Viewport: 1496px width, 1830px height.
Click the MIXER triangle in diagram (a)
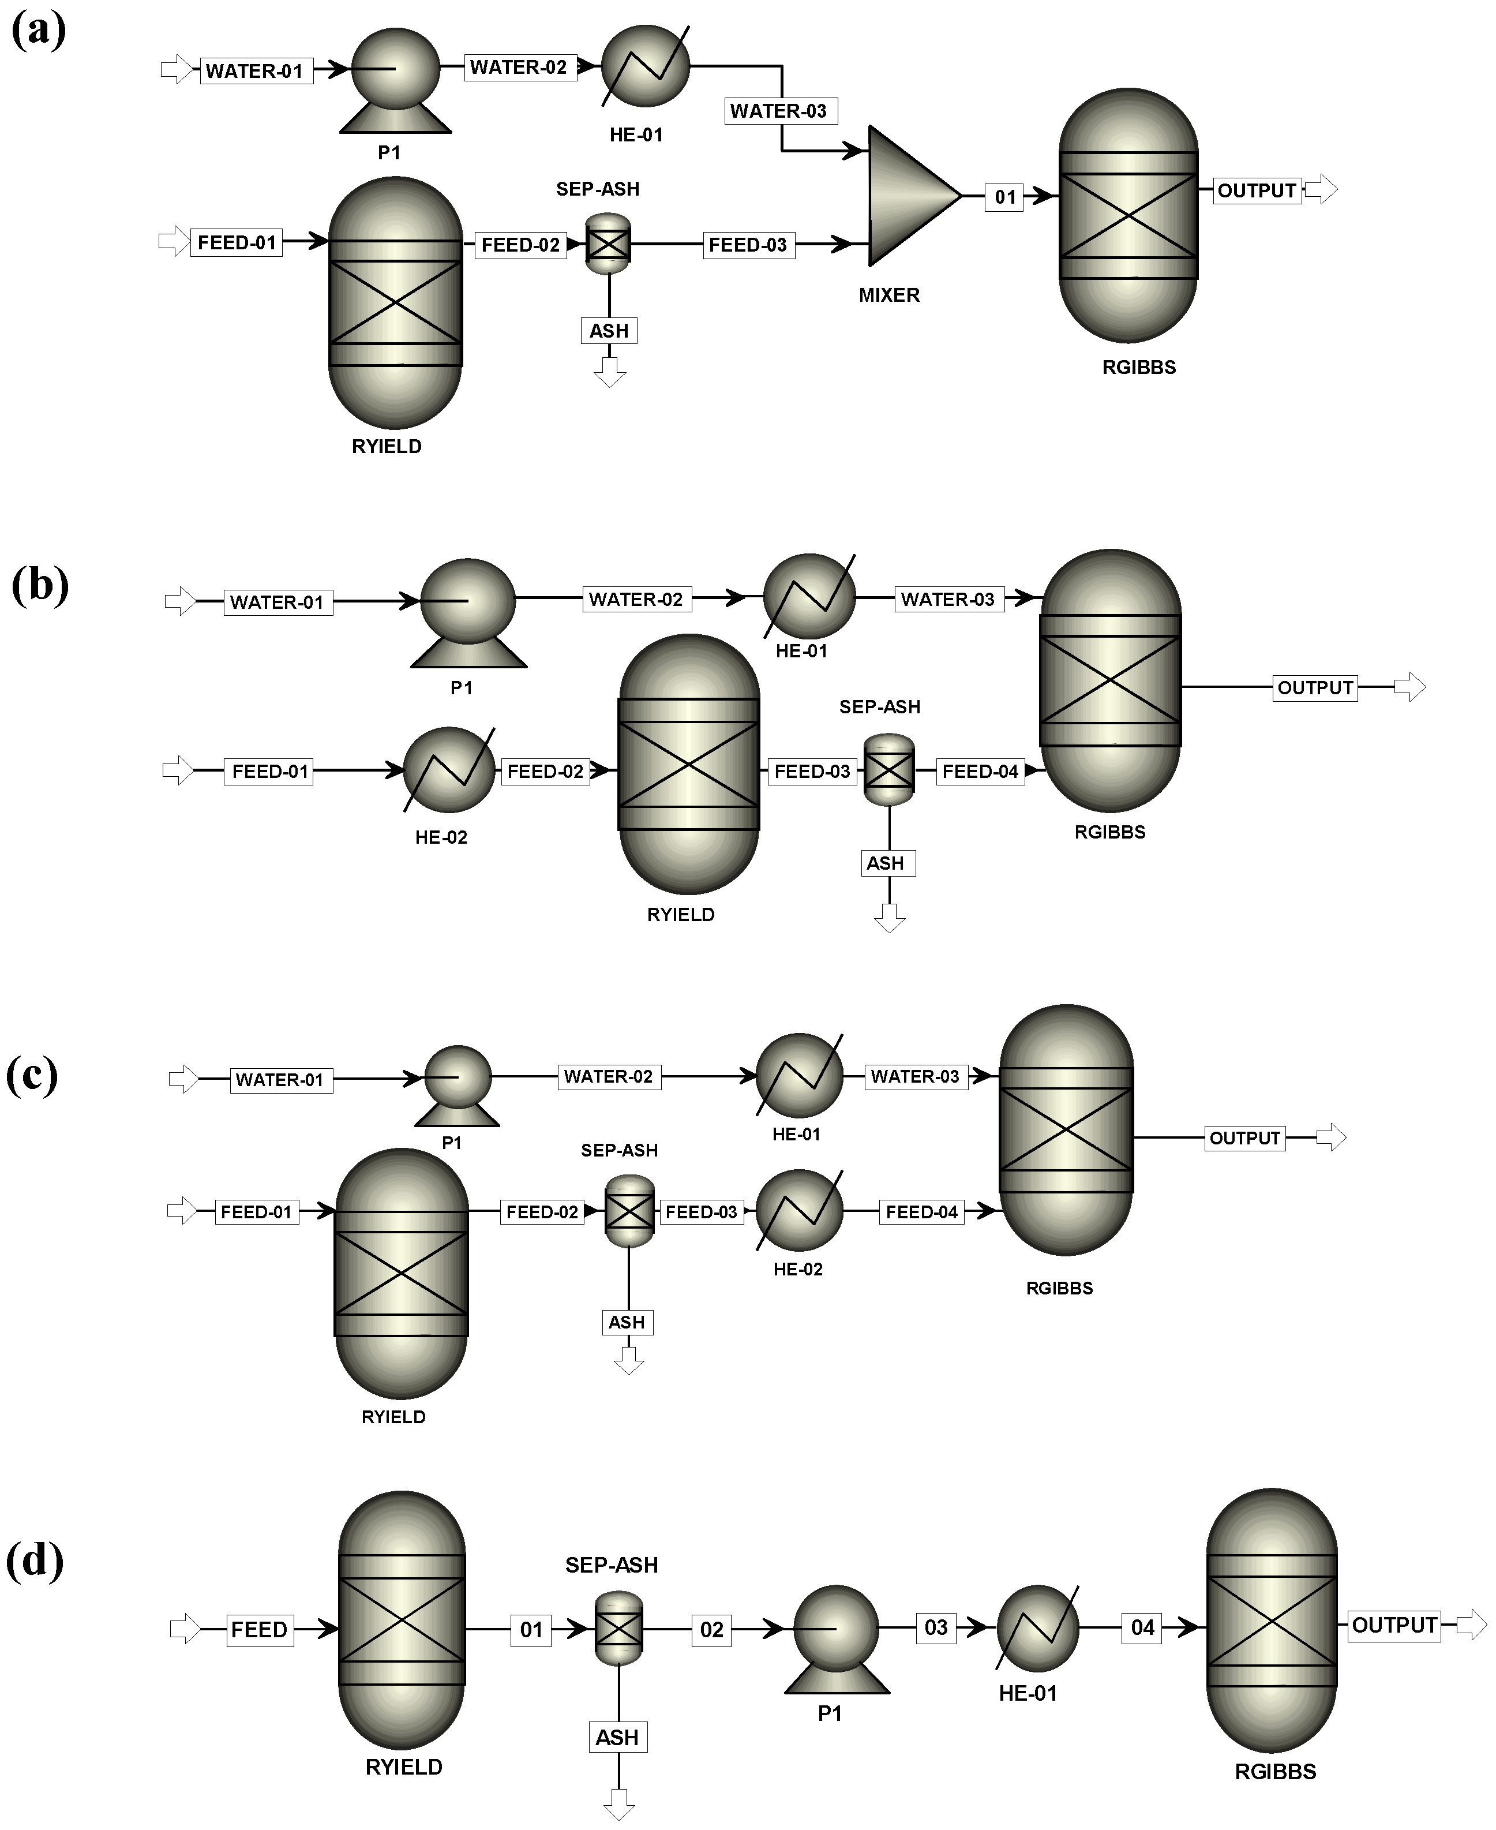pos(909,197)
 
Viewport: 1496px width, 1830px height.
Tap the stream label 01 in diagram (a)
pos(1005,197)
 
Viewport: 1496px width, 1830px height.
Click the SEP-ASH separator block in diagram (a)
pos(609,244)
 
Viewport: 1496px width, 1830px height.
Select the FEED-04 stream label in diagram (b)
pos(980,772)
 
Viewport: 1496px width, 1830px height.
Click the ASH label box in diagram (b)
pos(887,863)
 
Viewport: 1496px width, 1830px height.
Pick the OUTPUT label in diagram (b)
pos(1314,688)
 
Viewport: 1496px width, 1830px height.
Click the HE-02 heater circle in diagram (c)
pos(799,1211)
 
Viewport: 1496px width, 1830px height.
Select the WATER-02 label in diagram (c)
pos(609,1077)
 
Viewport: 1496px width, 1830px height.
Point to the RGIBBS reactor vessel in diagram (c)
pos(1066,1129)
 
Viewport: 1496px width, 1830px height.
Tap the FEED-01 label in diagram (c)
pos(256,1212)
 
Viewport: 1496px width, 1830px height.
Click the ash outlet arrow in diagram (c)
pos(628,1361)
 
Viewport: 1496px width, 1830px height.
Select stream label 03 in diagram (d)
pos(936,1627)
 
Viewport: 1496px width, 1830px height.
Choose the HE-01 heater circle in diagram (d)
pos(1037,1627)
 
